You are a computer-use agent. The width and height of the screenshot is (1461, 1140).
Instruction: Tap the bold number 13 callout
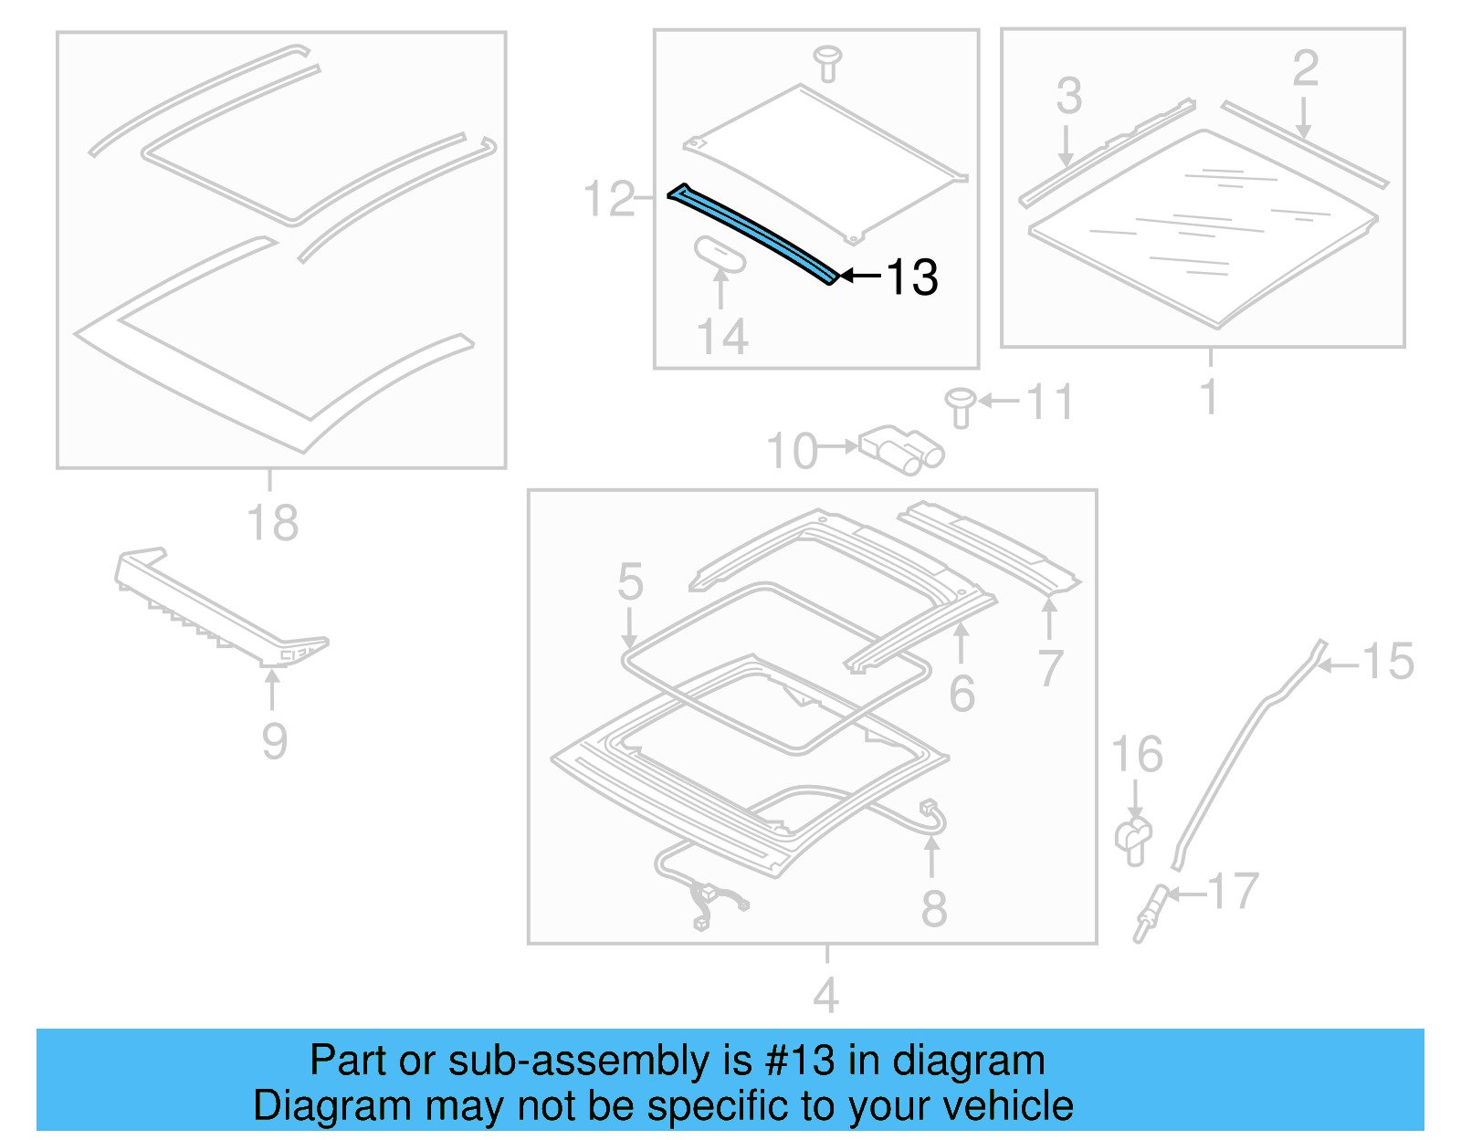[911, 277]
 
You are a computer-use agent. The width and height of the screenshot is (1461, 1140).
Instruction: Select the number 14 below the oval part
[722, 337]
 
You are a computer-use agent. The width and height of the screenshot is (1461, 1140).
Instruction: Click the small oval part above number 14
[720, 254]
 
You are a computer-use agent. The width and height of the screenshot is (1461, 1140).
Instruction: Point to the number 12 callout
[609, 199]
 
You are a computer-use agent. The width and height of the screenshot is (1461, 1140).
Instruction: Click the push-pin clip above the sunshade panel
[827, 62]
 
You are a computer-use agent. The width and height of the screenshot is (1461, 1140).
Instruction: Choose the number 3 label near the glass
[1068, 96]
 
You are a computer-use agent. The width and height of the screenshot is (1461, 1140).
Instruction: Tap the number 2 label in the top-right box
[1305, 68]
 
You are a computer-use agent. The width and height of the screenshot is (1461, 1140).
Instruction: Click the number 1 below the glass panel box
[1209, 397]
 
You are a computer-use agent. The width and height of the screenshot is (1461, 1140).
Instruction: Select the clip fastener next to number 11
[960, 407]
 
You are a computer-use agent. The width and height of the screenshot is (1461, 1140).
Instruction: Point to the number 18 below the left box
[272, 523]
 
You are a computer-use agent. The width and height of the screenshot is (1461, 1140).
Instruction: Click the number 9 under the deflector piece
[274, 741]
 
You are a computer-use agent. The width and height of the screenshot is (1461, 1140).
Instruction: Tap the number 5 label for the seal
[630, 581]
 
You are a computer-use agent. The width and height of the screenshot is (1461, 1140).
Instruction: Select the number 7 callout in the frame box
[1050, 668]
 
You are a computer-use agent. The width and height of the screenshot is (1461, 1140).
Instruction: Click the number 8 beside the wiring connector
[933, 909]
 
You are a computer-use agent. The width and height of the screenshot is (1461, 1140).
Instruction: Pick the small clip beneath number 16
[1133, 841]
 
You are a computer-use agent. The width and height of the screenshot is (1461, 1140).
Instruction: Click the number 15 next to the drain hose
[1387, 662]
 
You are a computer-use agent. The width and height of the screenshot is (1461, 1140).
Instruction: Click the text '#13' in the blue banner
[800, 1061]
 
